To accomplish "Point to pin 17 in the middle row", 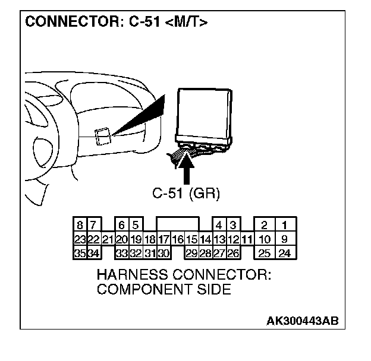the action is (164, 240).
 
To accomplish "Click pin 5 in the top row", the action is (136, 226).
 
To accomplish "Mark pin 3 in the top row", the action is (234, 226).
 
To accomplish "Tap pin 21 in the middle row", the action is (108, 240).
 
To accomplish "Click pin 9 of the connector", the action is (284, 240).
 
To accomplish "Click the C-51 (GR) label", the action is (187, 194).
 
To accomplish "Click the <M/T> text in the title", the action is (194, 23).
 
